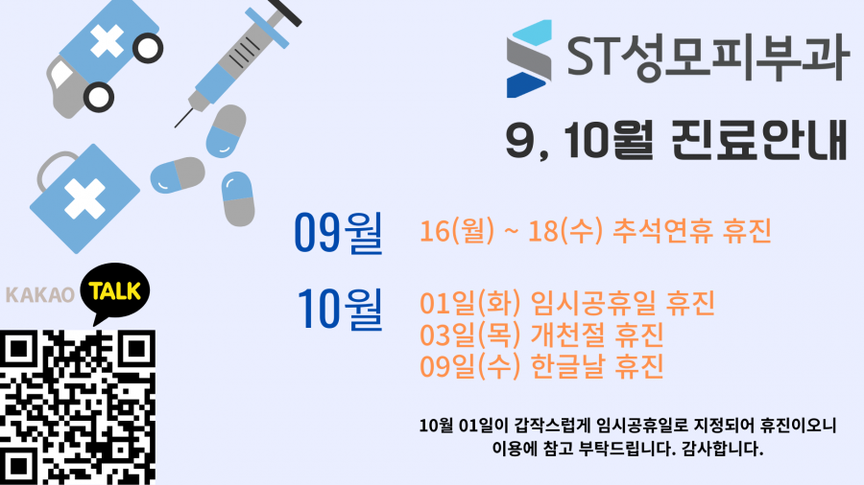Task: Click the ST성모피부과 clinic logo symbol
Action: pyautogui.click(x=529, y=58)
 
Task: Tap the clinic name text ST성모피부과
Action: pyautogui.click(x=707, y=58)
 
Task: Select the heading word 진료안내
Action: pyautogui.click(x=759, y=140)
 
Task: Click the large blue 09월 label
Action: pyautogui.click(x=338, y=233)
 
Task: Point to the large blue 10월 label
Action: pyautogui.click(x=340, y=309)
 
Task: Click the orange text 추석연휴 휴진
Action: pyautogui.click(x=691, y=230)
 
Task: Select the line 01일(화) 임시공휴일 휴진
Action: pyautogui.click(x=567, y=303)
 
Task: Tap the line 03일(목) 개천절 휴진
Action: pyautogui.click(x=541, y=335)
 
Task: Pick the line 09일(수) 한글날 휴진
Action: pyautogui.click(x=541, y=366)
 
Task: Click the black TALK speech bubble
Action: pyautogui.click(x=114, y=292)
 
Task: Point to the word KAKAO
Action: pyautogui.click(x=39, y=295)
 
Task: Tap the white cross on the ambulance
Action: pyautogui.click(x=107, y=40)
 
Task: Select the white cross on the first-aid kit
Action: pyautogui.click(x=84, y=198)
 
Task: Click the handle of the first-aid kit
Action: pyautogui.click(x=54, y=169)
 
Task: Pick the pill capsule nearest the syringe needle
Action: pyautogui.click(x=226, y=131)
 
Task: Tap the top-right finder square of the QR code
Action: pyautogui.click(x=136, y=349)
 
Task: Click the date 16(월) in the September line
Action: pyautogui.click(x=457, y=230)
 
